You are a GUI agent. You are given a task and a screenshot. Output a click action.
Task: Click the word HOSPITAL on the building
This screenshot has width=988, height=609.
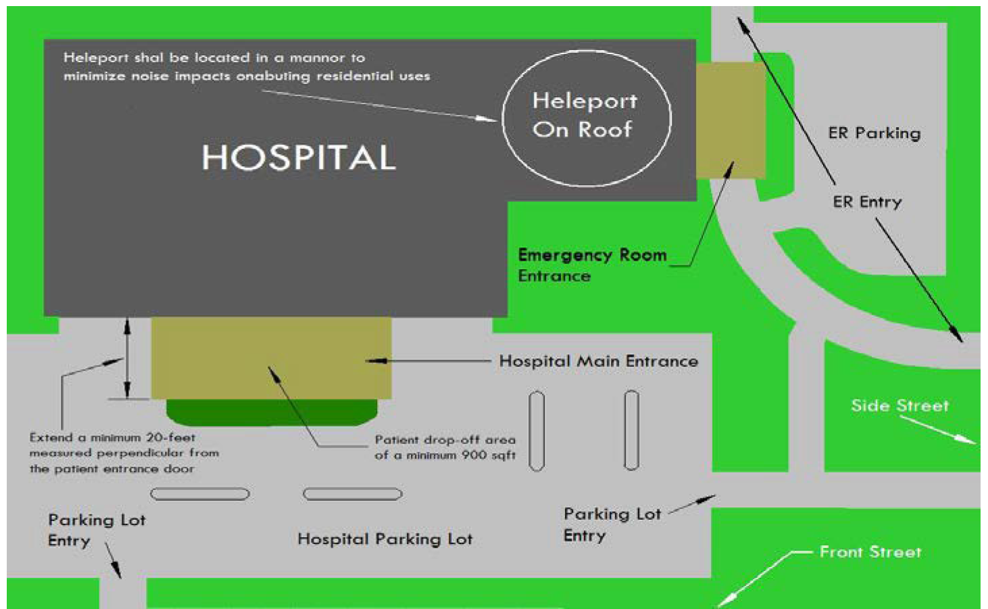coord(298,157)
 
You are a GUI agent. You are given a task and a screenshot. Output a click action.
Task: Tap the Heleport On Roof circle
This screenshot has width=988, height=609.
coord(586,116)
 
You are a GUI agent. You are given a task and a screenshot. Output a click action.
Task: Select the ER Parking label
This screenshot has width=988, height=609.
coord(874,133)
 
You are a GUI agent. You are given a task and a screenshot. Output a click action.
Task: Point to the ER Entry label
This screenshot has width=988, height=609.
coord(867,201)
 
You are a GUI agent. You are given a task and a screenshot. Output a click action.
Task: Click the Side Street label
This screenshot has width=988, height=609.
coord(899,406)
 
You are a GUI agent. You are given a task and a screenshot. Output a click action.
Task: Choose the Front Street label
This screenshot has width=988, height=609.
coord(870,552)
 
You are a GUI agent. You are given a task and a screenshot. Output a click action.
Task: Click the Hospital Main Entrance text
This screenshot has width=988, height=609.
coord(598,361)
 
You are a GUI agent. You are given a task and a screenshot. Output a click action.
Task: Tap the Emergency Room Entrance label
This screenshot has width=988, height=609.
coord(591,265)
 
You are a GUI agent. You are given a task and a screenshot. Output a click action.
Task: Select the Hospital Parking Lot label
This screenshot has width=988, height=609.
coord(385,539)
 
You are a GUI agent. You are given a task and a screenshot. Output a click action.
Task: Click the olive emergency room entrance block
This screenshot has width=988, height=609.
coord(730,120)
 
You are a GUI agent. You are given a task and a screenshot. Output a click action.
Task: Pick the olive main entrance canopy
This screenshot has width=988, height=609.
coord(270,357)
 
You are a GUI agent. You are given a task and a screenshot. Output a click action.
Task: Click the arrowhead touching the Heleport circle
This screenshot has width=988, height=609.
coord(488,119)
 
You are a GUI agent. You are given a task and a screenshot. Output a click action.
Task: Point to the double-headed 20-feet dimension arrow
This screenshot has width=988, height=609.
coord(127,358)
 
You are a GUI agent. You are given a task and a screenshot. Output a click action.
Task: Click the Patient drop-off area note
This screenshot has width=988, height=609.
coord(445,447)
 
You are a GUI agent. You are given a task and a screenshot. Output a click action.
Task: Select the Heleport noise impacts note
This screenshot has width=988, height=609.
coord(247,67)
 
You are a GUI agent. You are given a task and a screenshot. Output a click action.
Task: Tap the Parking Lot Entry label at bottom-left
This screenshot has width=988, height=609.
coord(96,530)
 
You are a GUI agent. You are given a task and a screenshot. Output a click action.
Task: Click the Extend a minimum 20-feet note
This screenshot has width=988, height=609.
coord(124,453)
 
